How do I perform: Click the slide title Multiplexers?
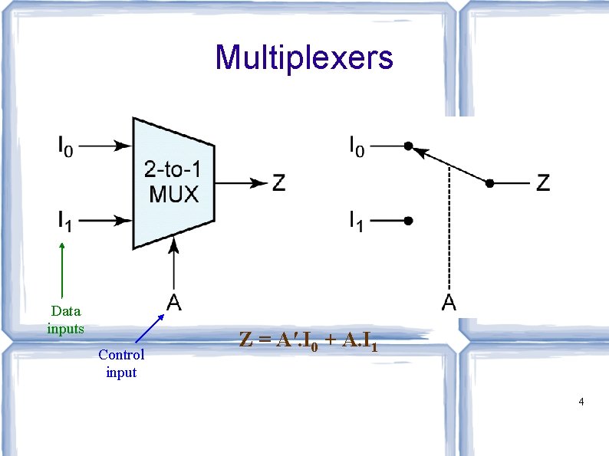(x=304, y=57)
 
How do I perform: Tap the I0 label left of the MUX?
(x=65, y=145)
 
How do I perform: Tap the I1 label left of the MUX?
(x=65, y=221)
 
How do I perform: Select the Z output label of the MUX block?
(x=279, y=183)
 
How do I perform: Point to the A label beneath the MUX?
(x=174, y=303)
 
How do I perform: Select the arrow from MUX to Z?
(x=239, y=183)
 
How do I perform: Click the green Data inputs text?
(x=65, y=320)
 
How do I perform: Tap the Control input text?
(x=121, y=363)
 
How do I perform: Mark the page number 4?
(x=581, y=402)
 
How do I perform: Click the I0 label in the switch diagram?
(x=357, y=145)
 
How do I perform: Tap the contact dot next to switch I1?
(x=410, y=221)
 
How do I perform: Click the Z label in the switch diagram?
(x=543, y=183)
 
